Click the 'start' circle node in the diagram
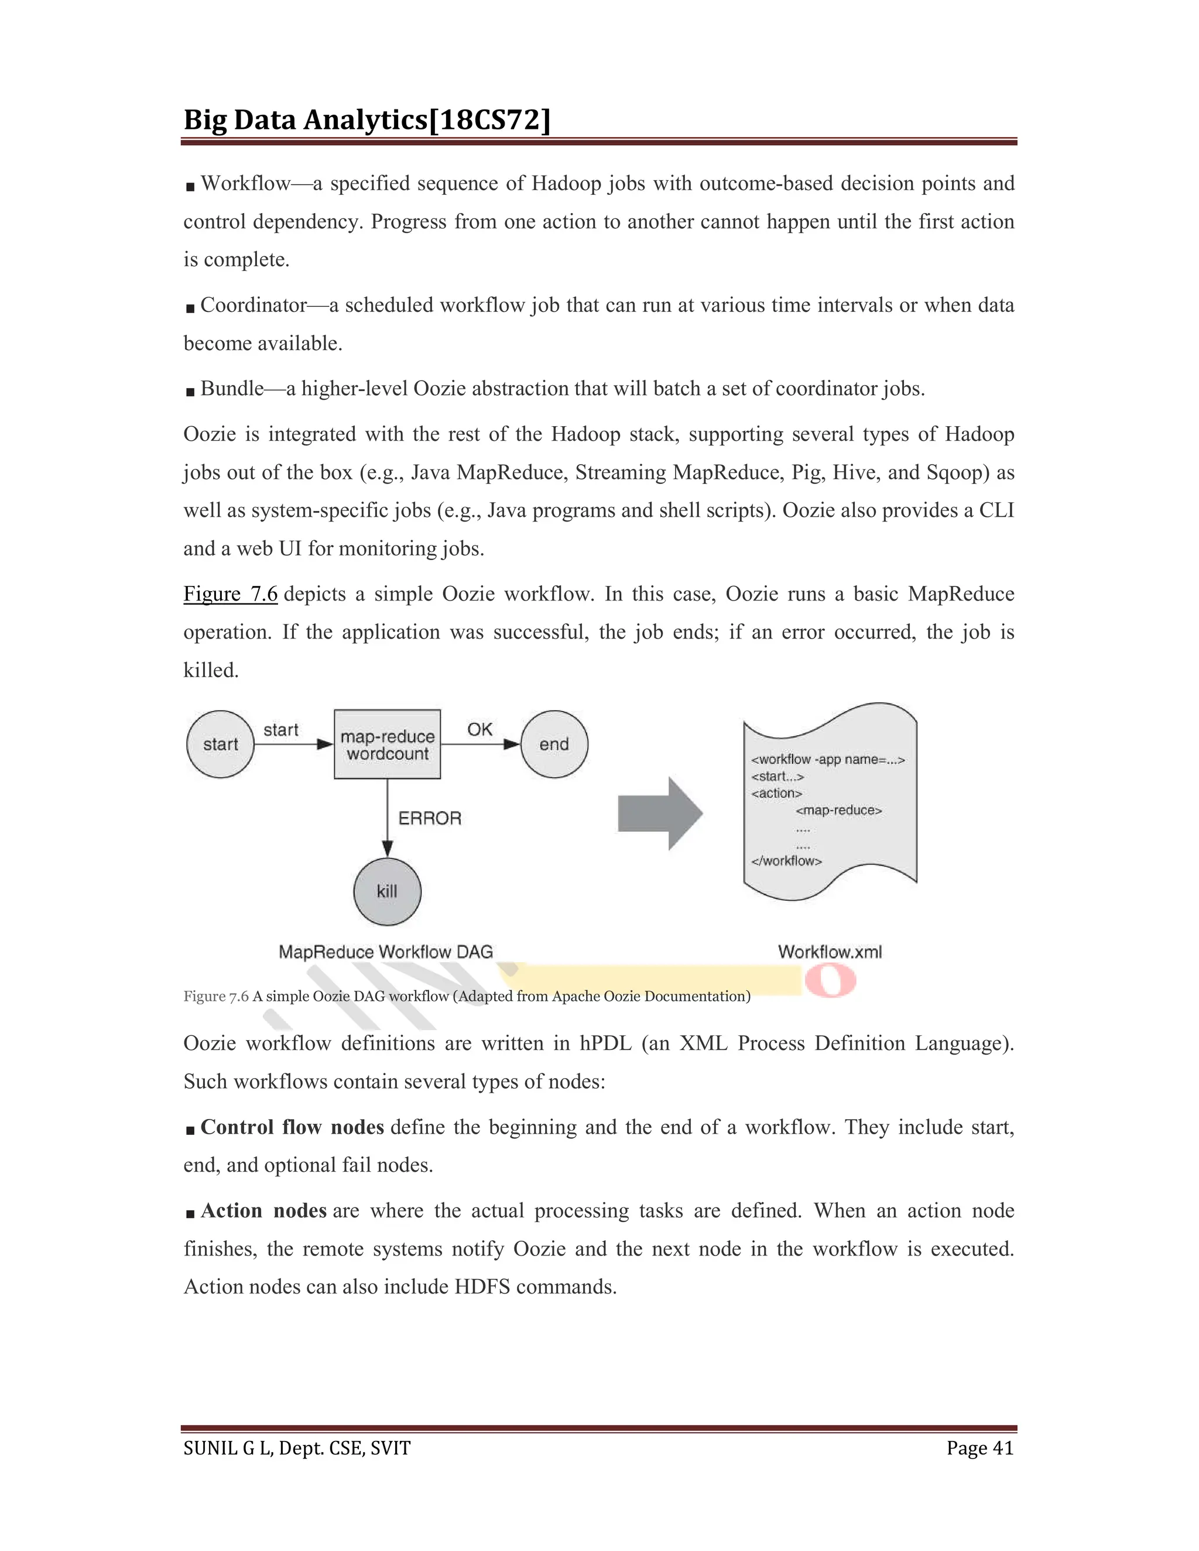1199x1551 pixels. click(x=220, y=744)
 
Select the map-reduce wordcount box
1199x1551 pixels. click(x=387, y=744)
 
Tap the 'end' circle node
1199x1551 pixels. click(x=554, y=744)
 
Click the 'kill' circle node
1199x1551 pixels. click(x=387, y=891)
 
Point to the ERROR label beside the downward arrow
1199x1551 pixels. click(x=430, y=818)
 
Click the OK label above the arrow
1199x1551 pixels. click(x=479, y=729)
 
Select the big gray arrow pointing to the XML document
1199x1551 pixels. click(x=660, y=813)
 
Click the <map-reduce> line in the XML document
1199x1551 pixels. click(x=839, y=810)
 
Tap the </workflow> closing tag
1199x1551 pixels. click(x=786, y=861)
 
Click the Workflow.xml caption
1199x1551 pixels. click(x=830, y=952)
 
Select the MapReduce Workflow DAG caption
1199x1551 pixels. click(x=386, y=952)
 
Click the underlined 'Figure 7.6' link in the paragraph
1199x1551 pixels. click(x=230, y=593)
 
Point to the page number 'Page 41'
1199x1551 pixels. click(x=979, y=1448)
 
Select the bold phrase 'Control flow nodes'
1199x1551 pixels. click(x=292, y=1127)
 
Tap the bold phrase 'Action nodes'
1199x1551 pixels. click(x=263, y=1210)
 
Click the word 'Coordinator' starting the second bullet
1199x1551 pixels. click(x=253, y=306)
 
